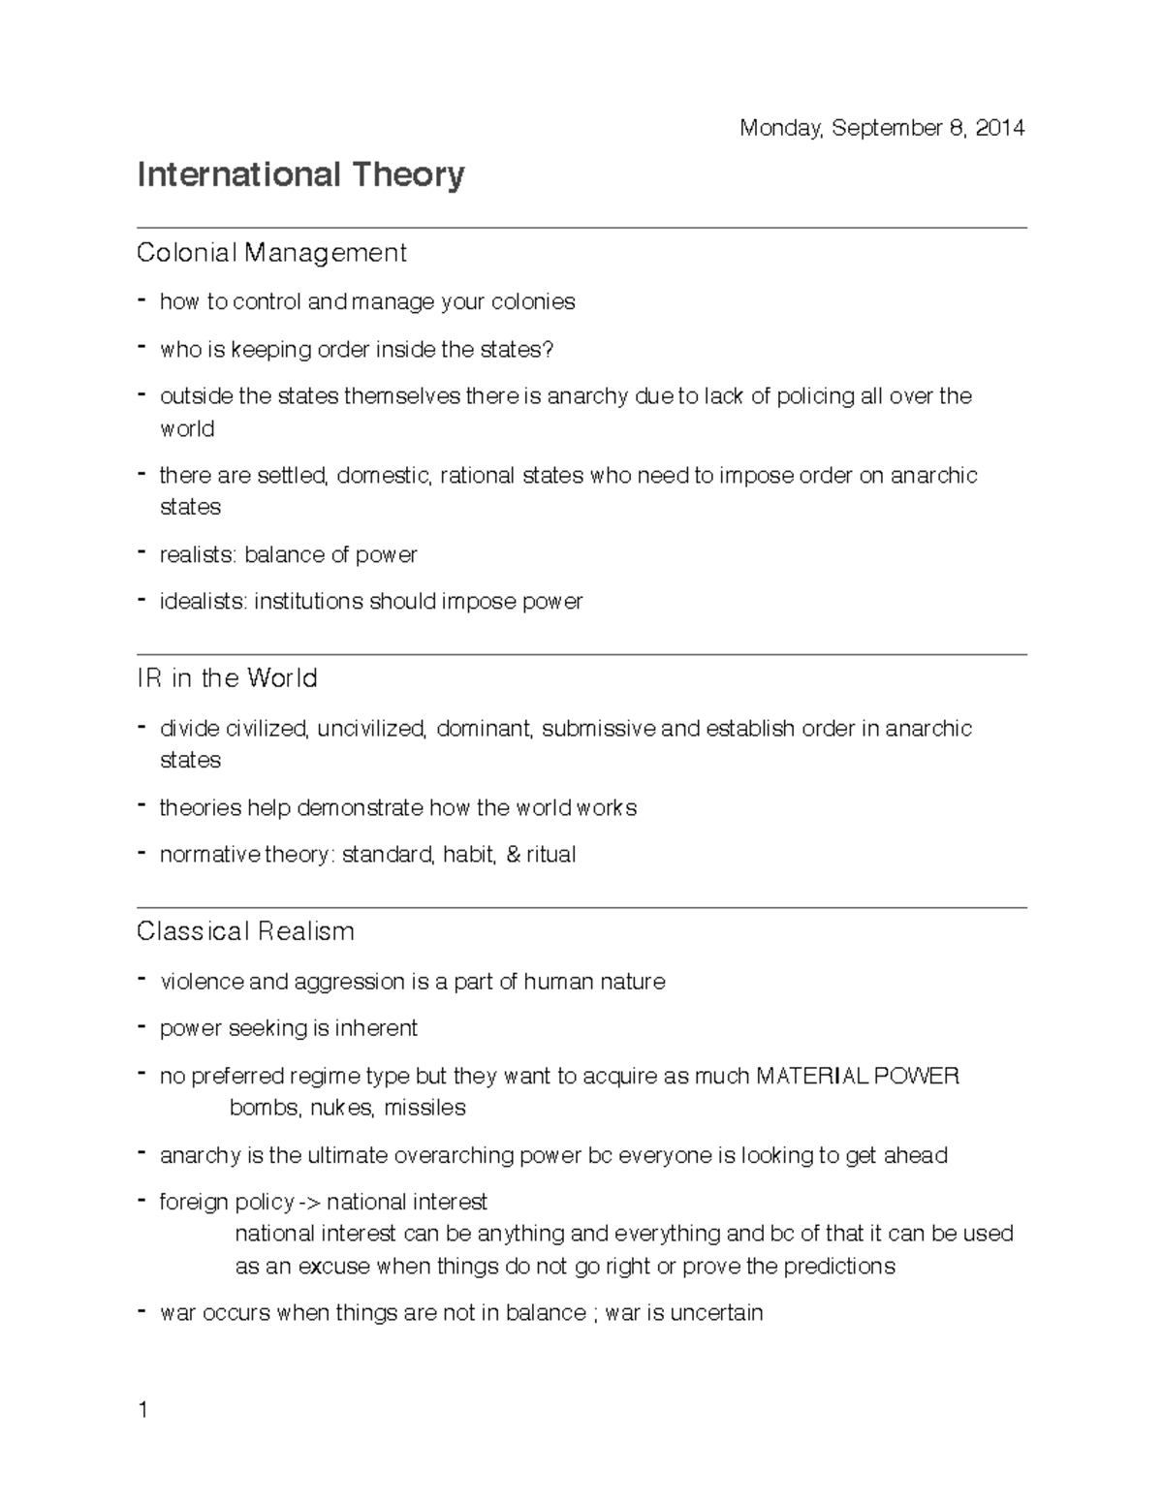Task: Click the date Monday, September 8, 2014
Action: pos(881,128)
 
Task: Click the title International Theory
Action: pos(300,175)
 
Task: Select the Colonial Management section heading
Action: pos(271,253)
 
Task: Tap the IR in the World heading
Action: pos(227,678)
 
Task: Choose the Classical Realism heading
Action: pos(245,931)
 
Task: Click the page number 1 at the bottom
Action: pos(142,1410)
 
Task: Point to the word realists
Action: pos(197,555)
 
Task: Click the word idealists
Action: pos(203,602)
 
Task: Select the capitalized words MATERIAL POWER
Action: pos(857,1076)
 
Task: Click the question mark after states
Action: pos(549,349)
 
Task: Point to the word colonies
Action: pos(533,302)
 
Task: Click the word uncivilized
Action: pos(370,729)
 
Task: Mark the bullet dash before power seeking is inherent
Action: pos(142,1026)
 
